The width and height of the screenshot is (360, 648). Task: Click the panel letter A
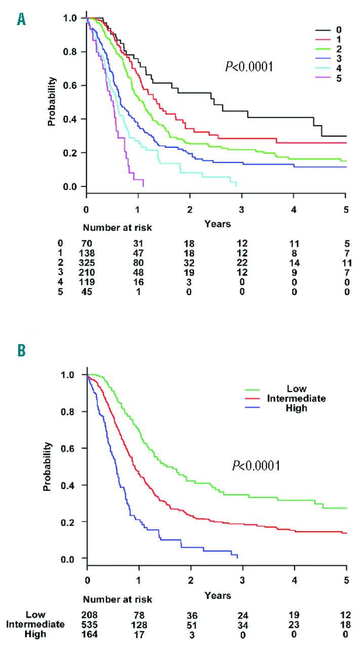[x=21, y=20]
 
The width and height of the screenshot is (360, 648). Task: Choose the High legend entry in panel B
[x=296, y=408]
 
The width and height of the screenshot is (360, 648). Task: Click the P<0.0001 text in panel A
[x=249, y=66]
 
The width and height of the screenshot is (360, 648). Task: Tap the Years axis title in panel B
[x=218, y=596]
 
